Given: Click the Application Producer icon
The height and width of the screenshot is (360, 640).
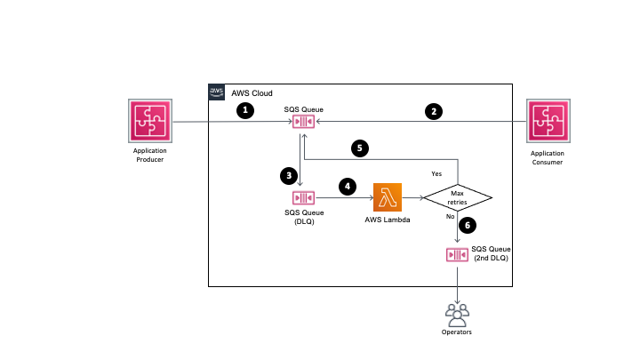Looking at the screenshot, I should [144, 123].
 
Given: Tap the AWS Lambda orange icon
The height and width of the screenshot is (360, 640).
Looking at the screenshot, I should [388, 196].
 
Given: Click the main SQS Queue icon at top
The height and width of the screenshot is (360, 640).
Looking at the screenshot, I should [304, 123].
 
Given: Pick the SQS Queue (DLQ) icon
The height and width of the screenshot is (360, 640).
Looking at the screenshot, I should [304, 196].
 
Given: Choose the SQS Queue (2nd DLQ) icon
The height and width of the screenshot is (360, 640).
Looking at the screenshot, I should [457, 255].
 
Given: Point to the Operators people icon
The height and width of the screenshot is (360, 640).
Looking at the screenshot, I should [457, 313].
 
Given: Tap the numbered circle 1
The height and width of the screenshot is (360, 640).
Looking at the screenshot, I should [245, 111].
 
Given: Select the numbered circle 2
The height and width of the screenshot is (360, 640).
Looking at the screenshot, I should [433, 111].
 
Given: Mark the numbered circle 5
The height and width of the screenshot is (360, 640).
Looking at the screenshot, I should [360, 148].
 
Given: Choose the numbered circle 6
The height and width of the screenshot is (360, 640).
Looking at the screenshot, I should [471, 227].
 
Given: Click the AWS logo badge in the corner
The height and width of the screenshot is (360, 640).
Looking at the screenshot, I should [217, 92].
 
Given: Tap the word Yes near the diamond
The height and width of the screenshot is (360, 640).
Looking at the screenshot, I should [436, 173].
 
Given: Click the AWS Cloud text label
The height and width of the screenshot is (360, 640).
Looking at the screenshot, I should [252, 93].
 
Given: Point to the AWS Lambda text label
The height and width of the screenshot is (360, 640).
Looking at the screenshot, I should [388, 219].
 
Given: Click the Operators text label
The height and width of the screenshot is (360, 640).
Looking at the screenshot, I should [457, 332].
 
